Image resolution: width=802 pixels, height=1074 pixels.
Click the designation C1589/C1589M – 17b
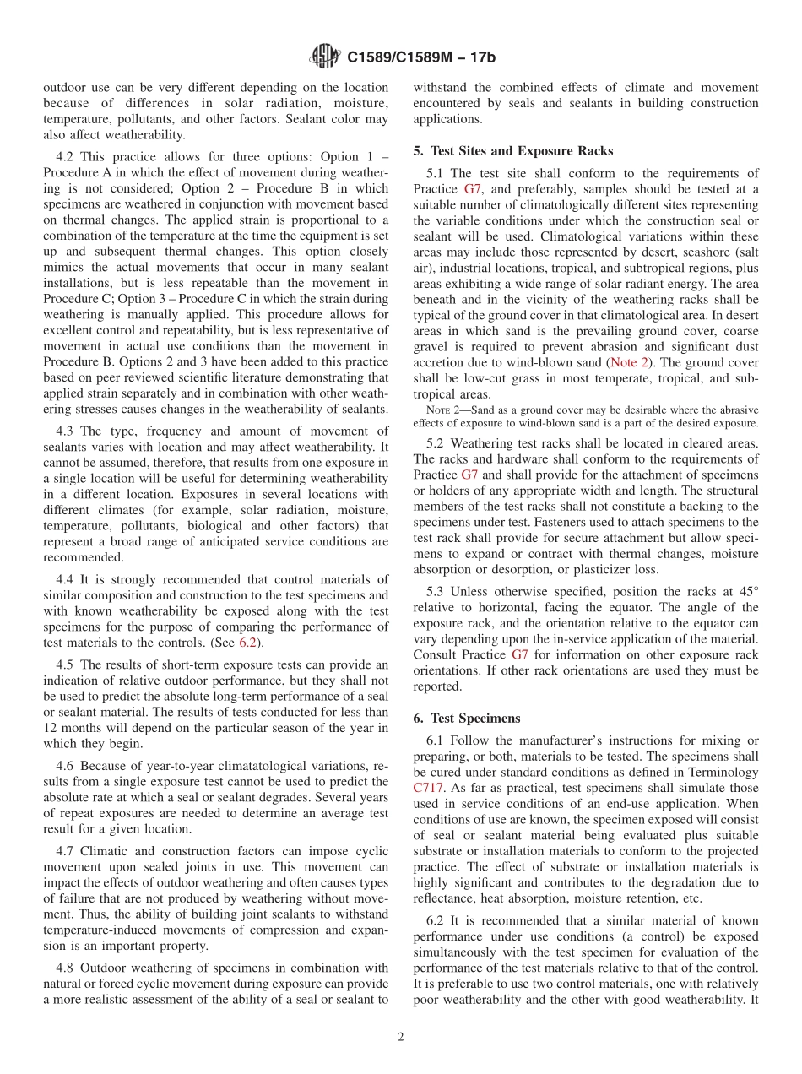(421, 58)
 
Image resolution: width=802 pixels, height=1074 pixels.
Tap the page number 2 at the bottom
(401, 1038)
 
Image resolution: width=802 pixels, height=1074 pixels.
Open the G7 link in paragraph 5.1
(473, 189)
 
